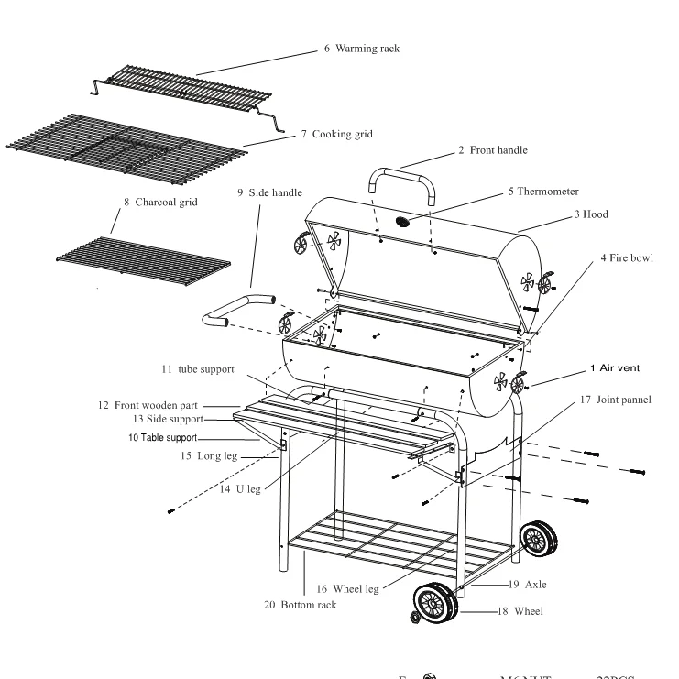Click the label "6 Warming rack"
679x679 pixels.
pyautogui.click(x=361, y=47)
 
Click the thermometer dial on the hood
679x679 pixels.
pyautogui.click(x=404, y=222)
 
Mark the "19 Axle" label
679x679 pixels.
pyautogui.click(x=531, y=583)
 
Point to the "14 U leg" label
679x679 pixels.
pyautogui.click(x=241, y=489)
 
